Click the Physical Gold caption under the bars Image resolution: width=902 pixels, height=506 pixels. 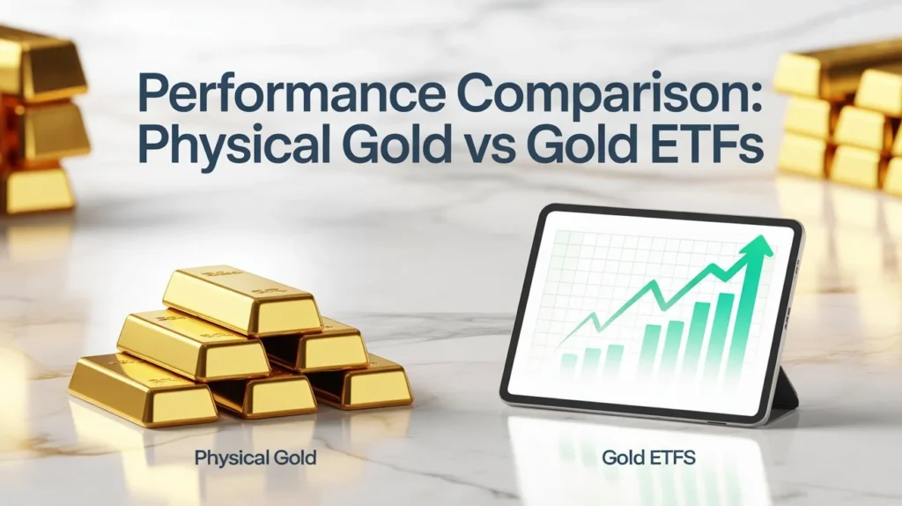tap(255, 458)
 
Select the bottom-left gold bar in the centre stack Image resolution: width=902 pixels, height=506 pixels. tap(141, 388)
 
